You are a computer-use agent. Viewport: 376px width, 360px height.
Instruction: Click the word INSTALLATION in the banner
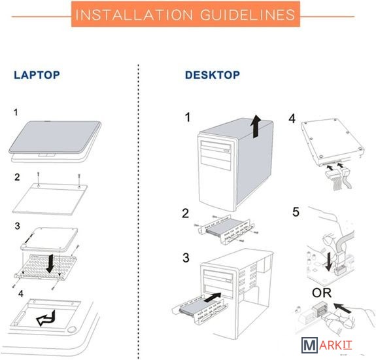click(134, 14)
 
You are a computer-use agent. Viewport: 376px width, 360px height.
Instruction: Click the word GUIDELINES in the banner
click(247, 14)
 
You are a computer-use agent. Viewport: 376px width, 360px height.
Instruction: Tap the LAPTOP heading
click(37, 75)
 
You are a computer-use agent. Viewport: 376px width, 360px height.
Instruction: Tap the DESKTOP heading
click(213, 75)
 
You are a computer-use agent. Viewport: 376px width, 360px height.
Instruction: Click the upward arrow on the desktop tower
click(256, 126)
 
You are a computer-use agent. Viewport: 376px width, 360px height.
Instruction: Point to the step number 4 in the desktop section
click(292, 118)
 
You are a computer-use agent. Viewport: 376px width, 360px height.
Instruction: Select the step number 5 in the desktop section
click(296, 212)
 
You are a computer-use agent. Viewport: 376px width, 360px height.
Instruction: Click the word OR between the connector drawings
click(322, 293)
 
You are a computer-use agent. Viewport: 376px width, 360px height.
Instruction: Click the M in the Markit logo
click(309, 345)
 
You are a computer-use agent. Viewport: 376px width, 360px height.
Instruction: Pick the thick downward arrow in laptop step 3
click(50, 264)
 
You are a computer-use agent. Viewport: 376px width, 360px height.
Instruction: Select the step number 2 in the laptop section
click(17, 177)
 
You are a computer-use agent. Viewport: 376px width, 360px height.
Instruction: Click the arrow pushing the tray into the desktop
click(212, 297)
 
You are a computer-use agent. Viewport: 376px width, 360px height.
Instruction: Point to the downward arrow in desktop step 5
click(329, 262)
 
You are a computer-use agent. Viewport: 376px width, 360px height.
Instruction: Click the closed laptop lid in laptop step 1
click(55, 137)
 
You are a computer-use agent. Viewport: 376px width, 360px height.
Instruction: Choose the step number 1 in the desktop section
click(188, 117)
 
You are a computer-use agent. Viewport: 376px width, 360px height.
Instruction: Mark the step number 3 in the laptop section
click(17, 226)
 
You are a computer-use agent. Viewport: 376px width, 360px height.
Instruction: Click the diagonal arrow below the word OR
click(343, 308)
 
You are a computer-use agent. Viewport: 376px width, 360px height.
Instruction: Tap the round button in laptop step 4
click(71, 329)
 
